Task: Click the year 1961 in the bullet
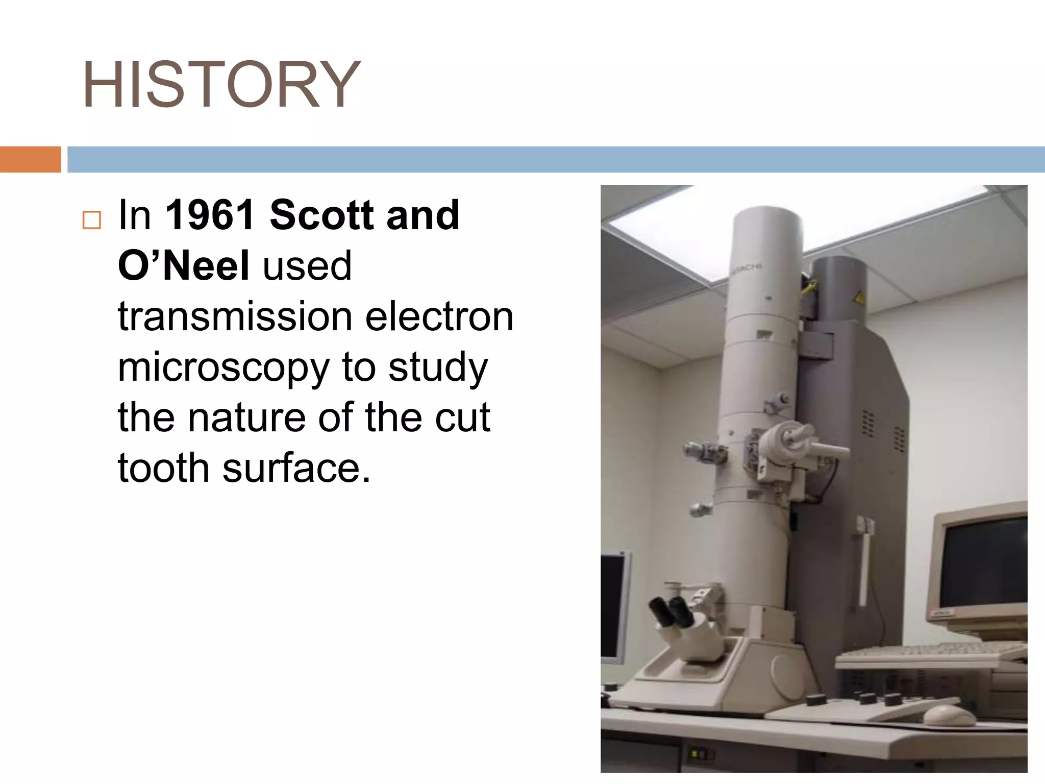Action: point(210,215)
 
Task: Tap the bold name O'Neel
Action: point(183,265)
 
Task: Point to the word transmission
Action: point(235,316)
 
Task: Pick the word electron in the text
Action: point(439,316)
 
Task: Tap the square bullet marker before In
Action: point(92,220)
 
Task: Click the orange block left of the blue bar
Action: point(30,159)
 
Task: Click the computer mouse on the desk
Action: point(949,715)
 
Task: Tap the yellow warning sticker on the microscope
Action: point(859,297)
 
